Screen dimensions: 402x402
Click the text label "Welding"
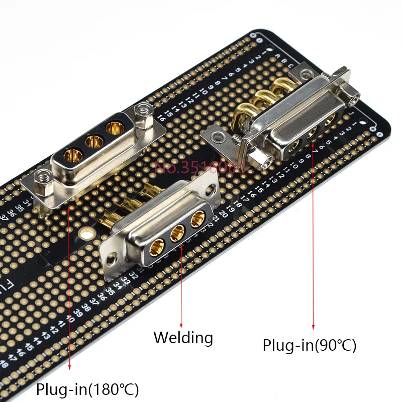(183, 337)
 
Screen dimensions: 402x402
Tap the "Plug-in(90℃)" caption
(309, 345)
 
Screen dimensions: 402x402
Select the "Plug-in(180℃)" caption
(87, 388)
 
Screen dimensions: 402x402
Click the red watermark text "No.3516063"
(200, 166)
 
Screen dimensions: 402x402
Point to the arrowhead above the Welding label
(181, 325)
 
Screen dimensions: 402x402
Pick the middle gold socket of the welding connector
(177, 232)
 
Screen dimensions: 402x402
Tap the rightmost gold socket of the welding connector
(197, 218)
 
